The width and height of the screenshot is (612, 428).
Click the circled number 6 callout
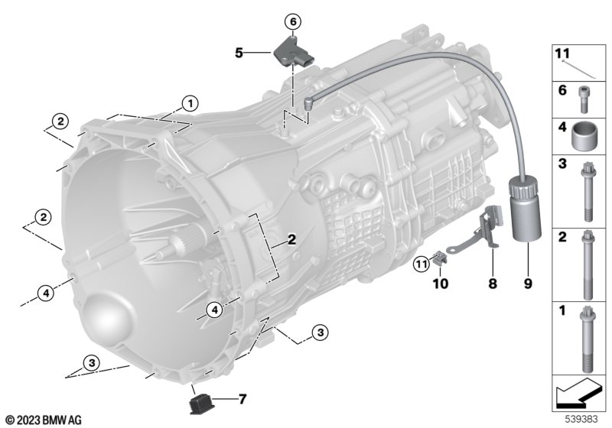[293, 22]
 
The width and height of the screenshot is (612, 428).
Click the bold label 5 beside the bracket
[239, 53]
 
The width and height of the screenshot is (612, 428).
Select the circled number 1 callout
[190, 104]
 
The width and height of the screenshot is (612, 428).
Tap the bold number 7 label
[243, 399]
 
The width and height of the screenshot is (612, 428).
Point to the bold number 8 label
[493, 284]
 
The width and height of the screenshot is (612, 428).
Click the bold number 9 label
[528, 284]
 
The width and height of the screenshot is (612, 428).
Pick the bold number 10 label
[441, 284]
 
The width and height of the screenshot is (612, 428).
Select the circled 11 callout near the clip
[422, 264]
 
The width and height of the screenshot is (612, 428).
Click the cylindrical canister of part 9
[526, 209]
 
